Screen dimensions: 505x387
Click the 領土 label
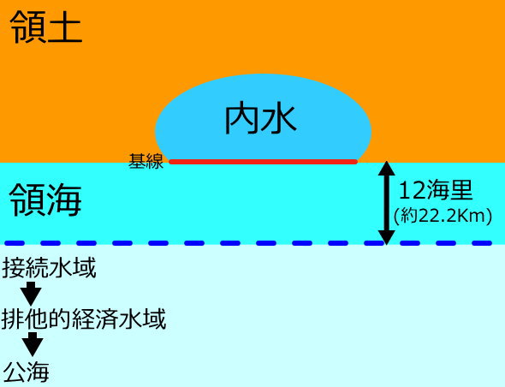point(46,27)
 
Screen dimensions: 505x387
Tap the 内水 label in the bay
point(260,119)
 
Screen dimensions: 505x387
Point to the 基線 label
point(146,161)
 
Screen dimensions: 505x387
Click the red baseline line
point(264,162)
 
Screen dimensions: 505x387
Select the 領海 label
point(45,200)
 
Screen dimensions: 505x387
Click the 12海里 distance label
point(436,190)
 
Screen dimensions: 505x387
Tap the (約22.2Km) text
point(443,216)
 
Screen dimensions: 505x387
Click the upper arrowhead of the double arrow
point(387,168)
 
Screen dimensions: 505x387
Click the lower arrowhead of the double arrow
point(387,237)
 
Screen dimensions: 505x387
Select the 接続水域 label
point(49,268)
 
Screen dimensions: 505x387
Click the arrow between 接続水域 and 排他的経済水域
point(31,293)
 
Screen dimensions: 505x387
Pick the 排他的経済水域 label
point(84,319)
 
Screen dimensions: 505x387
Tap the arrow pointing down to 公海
point(33,344)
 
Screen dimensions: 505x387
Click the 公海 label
point(27,372)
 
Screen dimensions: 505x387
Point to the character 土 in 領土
point(65,27)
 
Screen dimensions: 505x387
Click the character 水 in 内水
point(279,119)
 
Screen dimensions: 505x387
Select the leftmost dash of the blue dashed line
point(15,243)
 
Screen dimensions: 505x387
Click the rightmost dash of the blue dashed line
point(482,243)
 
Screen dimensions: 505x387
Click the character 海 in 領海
point(64,200)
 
